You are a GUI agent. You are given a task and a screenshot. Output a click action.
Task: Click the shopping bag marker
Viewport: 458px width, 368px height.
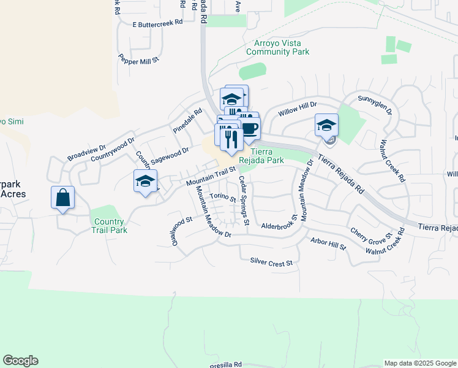click(x=62, y=198)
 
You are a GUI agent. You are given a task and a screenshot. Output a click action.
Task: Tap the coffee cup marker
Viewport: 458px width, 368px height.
click(x=250, y=128)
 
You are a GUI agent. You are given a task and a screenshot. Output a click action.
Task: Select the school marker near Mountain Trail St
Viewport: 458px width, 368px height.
click(x=146, y=182)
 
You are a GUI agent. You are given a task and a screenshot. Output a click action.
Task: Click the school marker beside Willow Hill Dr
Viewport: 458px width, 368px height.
click(x=327, y=126)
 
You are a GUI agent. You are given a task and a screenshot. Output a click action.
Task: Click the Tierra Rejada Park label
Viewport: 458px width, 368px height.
click(x=268, y=156)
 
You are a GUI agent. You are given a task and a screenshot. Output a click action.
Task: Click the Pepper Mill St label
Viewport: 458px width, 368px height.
click(x=139, y=59)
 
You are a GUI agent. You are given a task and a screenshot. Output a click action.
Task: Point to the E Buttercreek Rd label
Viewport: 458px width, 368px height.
click(x=158, y=23)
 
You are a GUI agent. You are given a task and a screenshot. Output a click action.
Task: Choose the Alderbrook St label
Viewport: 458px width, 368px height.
click(x=279, y=226)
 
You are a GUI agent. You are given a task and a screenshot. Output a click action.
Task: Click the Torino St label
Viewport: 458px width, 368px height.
click(x=222, y=197)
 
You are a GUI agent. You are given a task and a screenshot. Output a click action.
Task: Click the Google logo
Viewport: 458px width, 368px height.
click(x=20, y=361)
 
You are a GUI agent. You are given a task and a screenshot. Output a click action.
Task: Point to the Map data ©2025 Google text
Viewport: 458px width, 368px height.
click(x=419, y=363)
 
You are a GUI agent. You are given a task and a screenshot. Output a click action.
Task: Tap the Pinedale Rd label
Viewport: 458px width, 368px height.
click(x=187, y=121)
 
